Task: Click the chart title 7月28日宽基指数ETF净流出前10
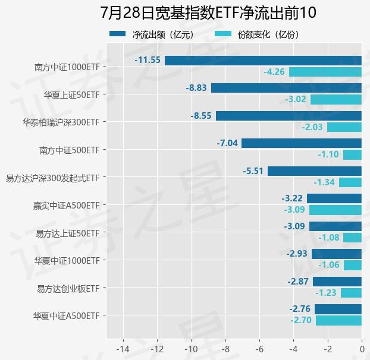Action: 208,13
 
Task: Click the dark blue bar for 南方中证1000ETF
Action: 263,60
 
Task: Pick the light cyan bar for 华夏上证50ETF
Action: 335,99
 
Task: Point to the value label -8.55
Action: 201,116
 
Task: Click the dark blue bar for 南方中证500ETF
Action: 302,143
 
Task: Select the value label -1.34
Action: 324,182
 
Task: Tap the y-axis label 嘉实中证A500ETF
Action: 66,206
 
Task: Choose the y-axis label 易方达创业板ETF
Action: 68,289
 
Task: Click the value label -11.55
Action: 148,60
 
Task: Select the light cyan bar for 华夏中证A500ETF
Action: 338,321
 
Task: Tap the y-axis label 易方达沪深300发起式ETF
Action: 52,178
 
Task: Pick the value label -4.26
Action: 274,72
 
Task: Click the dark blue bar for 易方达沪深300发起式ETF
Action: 315,171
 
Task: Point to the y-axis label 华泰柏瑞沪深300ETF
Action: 61,122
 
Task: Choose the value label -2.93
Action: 297,254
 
